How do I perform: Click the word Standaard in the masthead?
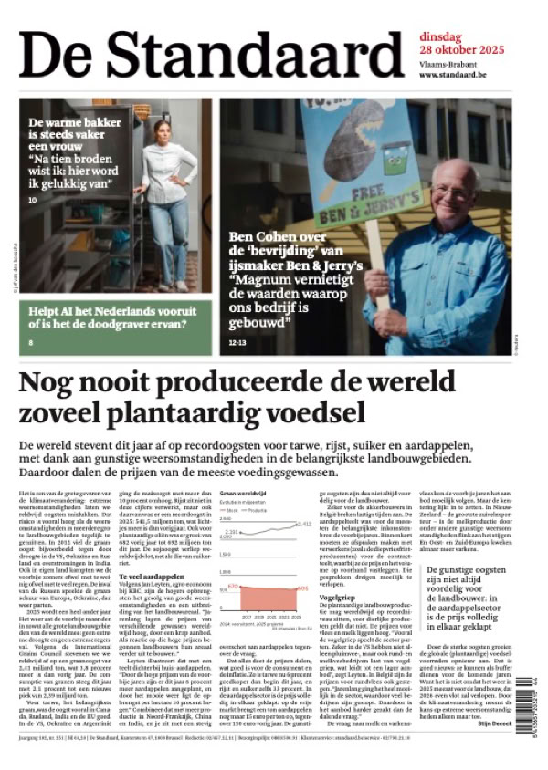pos(247,53)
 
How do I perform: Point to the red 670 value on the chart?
pos(233,586)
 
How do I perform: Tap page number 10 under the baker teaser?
pos(33,199)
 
